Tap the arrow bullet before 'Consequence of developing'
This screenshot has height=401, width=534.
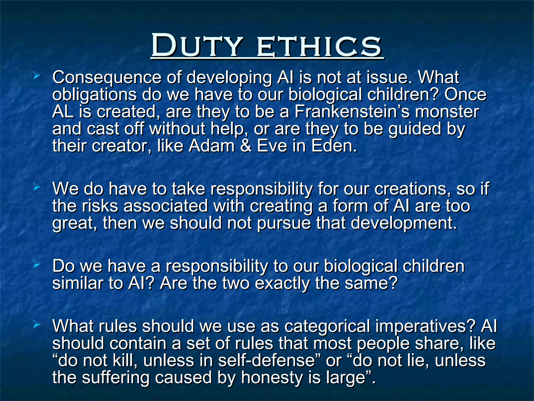coord(37,76)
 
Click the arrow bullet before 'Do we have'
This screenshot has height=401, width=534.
coord(37,264)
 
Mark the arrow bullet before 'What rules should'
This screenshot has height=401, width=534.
coord(37,325)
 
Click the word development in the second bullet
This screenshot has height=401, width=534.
coord(404,224)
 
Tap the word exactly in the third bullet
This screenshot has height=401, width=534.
coord(283,283)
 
